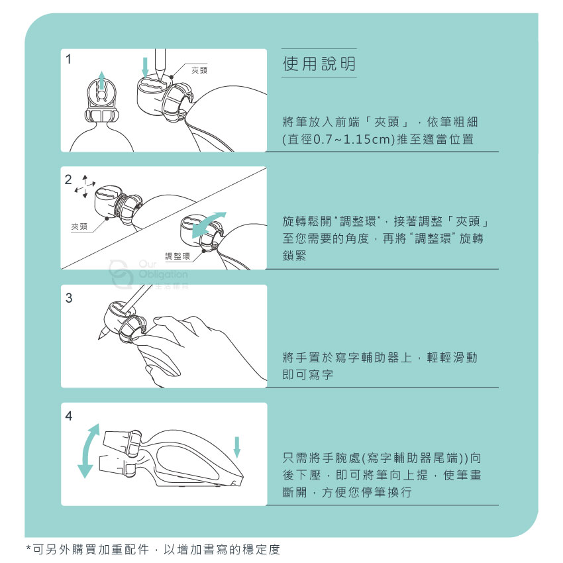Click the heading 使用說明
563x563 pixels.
pyautogui.click(x=319, y=64)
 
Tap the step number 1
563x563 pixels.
pyautogui.click(x=69, y=59)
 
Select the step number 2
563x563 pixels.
pyautogui.click(x=68, y=179)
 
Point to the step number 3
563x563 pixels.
pyautogui.click(x=69, y=297)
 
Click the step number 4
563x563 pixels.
pyautogui.click(x=69, y=416)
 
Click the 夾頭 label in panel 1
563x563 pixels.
pyautogui.click(x=199, y=70)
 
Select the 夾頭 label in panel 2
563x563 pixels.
pyautogui.click(x=79, y=227)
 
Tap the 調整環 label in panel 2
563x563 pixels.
pyautogui.click(x=178, y=256)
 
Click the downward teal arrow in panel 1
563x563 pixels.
pyautogui.click(x=145, y=68)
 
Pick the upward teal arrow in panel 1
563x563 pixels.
pyautogui.click(x=102, y=80)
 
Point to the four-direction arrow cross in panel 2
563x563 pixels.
pyautogui.click(x=85, y=186)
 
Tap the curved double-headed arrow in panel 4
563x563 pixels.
pyautogui.click(x=87, y=450)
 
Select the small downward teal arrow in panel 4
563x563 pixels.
pyautogui.click(x=236, y=447)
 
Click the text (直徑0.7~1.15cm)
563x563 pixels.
pyautogui.click(x=338, y=139)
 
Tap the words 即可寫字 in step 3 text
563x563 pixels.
pyautogui.click(x=308, y=374)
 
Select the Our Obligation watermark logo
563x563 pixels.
pyautogui.click(x=148, y=275)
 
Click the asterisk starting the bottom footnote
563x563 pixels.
pyautogui.click(x=28, y=548)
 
